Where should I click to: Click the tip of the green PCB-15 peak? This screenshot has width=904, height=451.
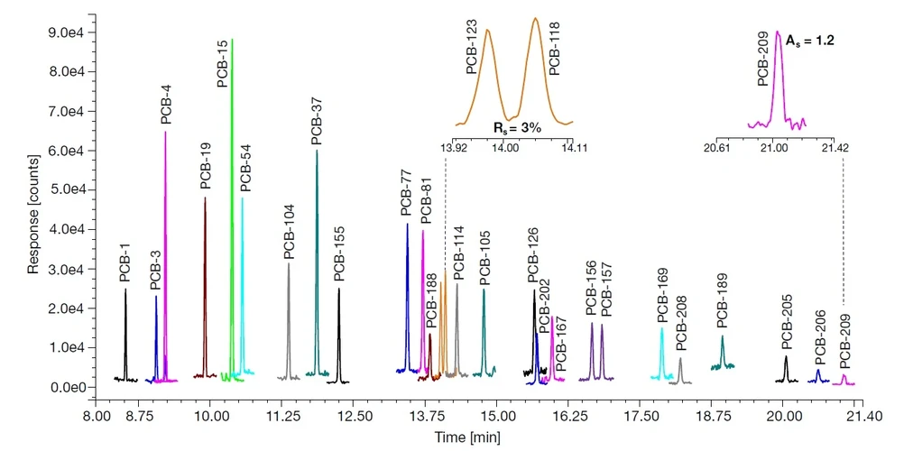232,41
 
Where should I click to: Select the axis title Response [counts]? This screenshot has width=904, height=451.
32,210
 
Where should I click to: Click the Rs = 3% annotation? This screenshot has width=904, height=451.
516,128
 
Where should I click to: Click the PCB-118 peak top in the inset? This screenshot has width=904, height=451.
535,19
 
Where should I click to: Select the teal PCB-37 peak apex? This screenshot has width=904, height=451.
317,151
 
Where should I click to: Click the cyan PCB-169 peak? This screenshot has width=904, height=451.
662,329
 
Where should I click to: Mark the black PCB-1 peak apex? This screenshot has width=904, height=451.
125,290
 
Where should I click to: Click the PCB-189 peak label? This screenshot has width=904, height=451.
722,303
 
